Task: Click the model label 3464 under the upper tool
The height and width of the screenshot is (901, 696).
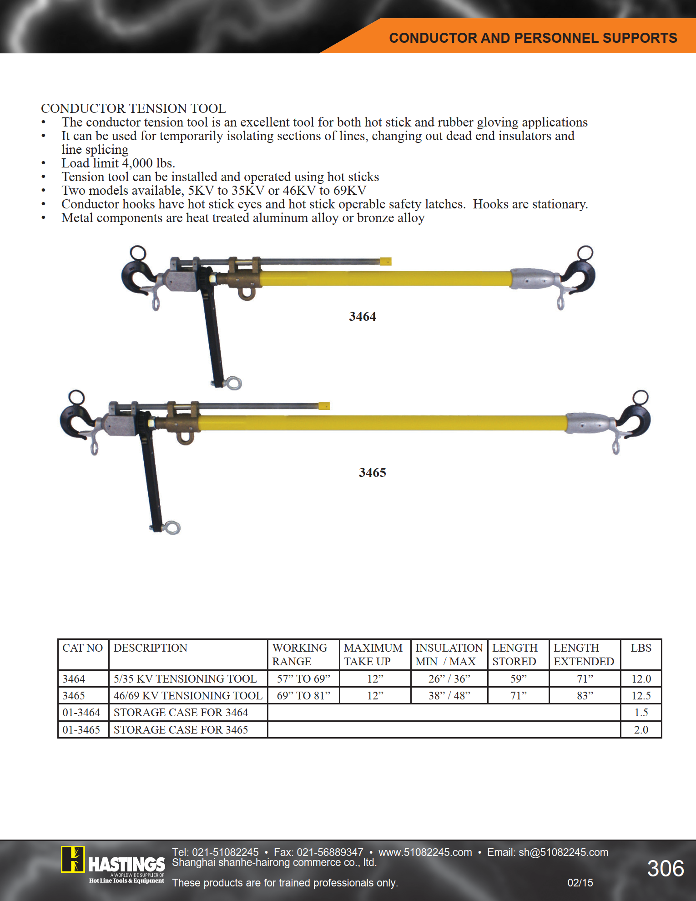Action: [x=362, y=317]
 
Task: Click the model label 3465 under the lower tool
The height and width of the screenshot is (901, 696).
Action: [x=372, y=473]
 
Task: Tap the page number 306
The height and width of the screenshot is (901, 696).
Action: [x=665, y=869]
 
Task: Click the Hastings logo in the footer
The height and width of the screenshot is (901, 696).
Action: [x=113, y=865]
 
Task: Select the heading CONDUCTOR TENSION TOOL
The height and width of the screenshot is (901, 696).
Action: [x=133, y=109]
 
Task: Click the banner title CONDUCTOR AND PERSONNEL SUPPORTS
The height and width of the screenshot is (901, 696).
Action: [x=533, y=38]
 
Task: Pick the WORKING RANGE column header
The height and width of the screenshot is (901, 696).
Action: [x=300, y=654]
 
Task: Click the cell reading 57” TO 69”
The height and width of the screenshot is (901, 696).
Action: [x=303, y=679]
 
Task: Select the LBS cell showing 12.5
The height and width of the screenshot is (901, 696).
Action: [x=641, y=696]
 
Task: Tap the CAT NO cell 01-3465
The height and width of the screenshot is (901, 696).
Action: [x=81, y=730]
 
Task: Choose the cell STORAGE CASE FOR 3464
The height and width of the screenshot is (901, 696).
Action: [x=181, y=713]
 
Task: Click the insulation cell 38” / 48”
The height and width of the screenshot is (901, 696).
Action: [x=449, y=696]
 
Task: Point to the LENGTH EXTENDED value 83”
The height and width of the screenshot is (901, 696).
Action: [x=585, y=696]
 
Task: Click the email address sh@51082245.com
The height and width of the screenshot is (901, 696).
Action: [x=563, y=852]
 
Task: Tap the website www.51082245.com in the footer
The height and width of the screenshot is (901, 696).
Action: [x=425, y=852]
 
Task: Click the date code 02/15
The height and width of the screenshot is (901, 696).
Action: [x=580, y=883]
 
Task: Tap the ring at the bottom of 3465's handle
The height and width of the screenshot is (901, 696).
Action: [x=173, y=528]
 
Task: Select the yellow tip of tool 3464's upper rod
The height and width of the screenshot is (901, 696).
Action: [x=386, y=261]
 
